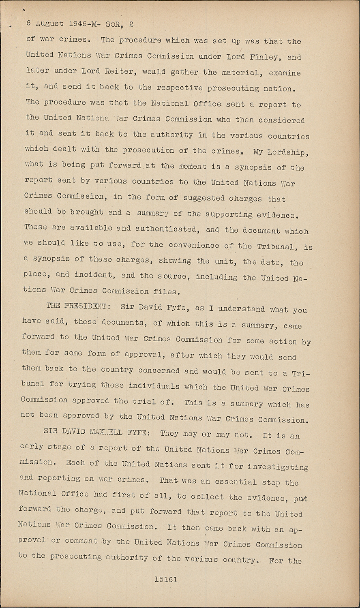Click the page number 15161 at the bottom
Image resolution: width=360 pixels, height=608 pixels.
pyautogui.click(x=166, y=580)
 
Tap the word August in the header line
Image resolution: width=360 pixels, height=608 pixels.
pyautogui.click(x=49, y=24)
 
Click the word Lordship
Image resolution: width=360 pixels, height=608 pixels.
pyautogui.click(x=289, y=152)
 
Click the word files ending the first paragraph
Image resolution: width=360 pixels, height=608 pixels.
pyautogui.click(x=165, y=291)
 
